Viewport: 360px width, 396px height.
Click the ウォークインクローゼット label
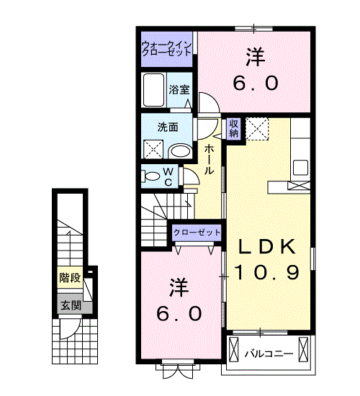coord(166,48)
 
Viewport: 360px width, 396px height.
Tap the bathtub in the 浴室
coord(153,90)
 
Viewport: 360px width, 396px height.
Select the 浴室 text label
coord(179,90)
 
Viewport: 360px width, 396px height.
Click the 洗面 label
coord(168,127)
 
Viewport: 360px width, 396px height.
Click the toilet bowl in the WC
coord(153,176)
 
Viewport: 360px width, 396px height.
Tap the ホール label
coord(209,160)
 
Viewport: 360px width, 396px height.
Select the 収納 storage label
coord(234,128)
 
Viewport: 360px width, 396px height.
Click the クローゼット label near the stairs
coord(197,232)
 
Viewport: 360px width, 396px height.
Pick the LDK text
coord(267,246)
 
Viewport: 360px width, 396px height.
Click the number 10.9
coord(267,272)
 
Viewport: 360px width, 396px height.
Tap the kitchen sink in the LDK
coord(300,168)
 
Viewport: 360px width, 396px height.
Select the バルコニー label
coord(269,354)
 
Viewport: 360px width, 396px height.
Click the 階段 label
coord(70,278)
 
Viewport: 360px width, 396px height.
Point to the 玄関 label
coord(71,306)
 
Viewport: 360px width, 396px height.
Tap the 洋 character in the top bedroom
coord(256,57)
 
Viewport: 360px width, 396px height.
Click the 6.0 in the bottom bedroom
coord(179,313)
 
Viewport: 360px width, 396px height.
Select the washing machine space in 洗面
coord(153,149)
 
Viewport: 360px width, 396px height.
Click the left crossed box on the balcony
coord(234,349)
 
